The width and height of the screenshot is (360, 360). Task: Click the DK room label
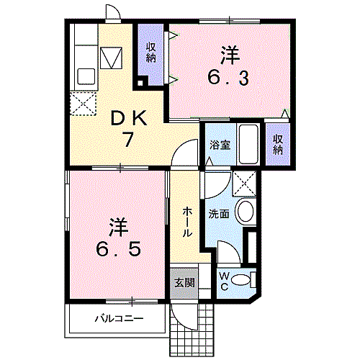point(129,117)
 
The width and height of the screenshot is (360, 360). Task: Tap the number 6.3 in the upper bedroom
point(230,77)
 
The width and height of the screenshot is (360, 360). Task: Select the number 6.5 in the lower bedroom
point(119,251)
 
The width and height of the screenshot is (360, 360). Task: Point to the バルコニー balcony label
point(119,318)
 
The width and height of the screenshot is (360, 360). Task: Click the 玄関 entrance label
point(184,282)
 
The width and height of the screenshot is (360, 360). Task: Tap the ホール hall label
point(186,222)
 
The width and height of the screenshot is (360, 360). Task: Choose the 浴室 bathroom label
point(219,145)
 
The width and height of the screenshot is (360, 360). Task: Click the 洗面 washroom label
point(219,214)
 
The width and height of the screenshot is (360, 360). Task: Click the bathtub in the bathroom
point(248,144)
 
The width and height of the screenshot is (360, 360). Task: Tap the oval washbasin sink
point(245,211)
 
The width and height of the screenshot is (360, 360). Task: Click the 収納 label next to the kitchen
point(152,53)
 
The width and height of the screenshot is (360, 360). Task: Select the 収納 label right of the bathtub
point(279,144)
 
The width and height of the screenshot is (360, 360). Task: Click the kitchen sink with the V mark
point(113,57)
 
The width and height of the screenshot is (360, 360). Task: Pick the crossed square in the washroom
point(243,186)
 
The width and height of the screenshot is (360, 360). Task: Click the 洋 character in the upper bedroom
point(229,54)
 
